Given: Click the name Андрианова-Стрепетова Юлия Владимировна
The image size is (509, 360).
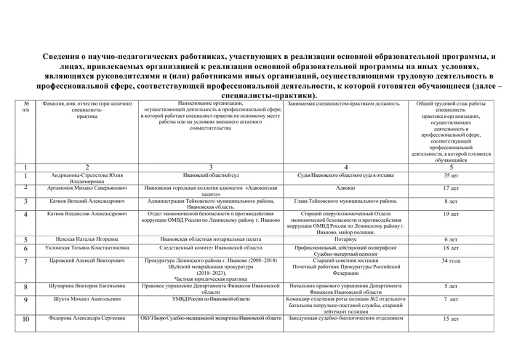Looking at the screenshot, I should point(87,179).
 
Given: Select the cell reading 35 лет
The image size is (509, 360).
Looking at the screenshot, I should point(450,176).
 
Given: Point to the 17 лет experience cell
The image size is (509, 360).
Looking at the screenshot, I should point(450,188).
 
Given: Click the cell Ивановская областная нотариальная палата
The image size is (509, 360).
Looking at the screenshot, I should point(209,239).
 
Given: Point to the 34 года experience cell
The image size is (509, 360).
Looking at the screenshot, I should point(450,260).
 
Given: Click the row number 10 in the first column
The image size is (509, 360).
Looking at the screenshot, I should point(25,319).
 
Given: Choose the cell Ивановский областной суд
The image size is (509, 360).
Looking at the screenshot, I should point(209,176).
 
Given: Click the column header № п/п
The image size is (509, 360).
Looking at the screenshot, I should point(25,107).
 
